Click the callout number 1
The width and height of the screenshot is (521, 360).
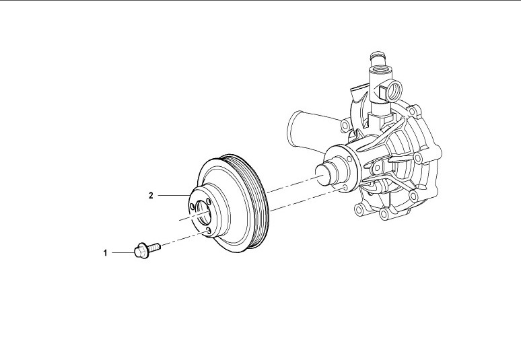click(105, 253)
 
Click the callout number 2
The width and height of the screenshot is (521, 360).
click(151, 196)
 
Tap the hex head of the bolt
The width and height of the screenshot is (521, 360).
click(140, 252)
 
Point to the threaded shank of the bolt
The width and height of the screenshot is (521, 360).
click(154, 247)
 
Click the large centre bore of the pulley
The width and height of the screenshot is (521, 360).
click(203, 212)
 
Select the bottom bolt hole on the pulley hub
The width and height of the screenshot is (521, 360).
click(208, 231)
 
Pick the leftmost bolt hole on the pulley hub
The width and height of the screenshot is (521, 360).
click(192, 207)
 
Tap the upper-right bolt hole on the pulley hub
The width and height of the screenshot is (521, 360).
click(208, 202)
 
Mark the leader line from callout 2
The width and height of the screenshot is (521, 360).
click(174, 196)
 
